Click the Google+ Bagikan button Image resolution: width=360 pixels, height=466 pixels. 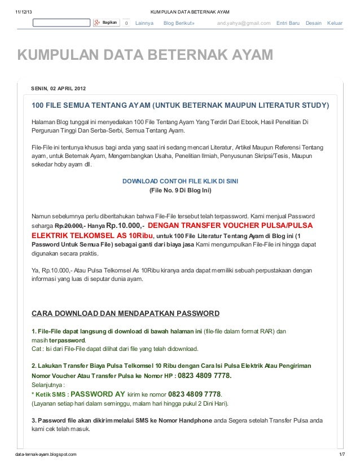[x=107, y=23]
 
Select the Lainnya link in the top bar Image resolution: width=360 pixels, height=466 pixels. [x=144, y=23]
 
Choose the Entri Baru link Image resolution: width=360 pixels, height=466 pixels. [x=288, y=23]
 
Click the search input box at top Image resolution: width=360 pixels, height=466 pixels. [x=61, y=23]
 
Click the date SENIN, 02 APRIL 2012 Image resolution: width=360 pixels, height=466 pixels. [x=59, y=90]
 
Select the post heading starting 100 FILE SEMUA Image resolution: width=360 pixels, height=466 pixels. [x=180, y=105]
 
